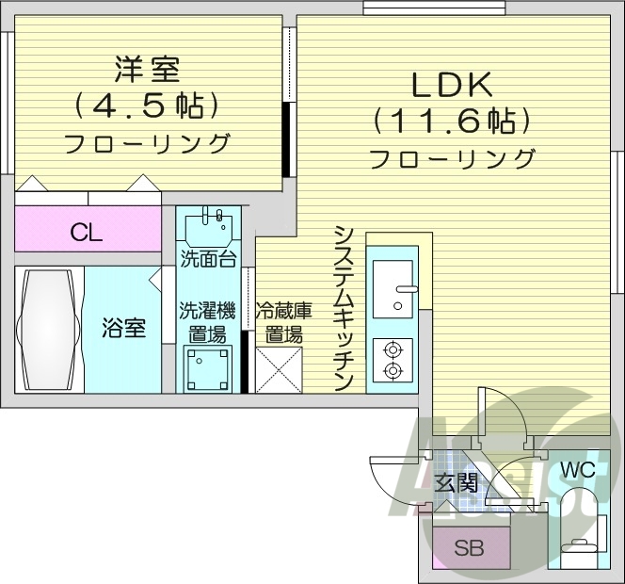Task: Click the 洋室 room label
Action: (x=148, y=69)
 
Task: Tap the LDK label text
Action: (x=451, y=85)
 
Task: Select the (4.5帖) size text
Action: (x=148, y=105)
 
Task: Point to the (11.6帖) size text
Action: (x=452, y=122)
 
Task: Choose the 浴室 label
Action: (x=124, y=329)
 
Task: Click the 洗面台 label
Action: (x=208, y=259)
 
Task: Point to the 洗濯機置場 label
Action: (x=208, y=321)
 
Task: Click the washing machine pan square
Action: (x=208, y=367)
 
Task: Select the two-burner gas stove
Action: (x=393, y=358)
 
